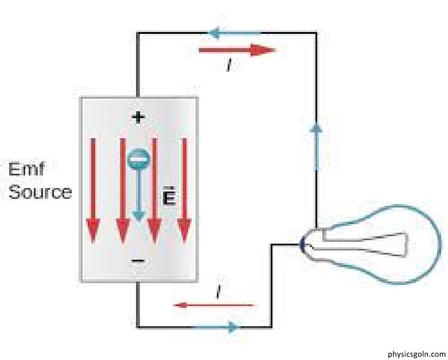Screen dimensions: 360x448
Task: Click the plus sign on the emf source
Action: (138, 118)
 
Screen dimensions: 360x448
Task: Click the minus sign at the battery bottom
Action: (138, 261)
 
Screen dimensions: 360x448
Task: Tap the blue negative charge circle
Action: (138, 159)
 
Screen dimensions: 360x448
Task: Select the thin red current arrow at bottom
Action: (214, 305)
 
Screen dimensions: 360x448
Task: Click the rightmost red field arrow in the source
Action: (184, 189)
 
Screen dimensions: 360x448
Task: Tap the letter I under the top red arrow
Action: (228, 66)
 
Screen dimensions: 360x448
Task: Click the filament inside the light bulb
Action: (367, 244)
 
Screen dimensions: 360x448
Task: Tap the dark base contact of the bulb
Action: (302, 245)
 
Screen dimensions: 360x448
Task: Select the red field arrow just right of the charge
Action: (153, 189)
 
